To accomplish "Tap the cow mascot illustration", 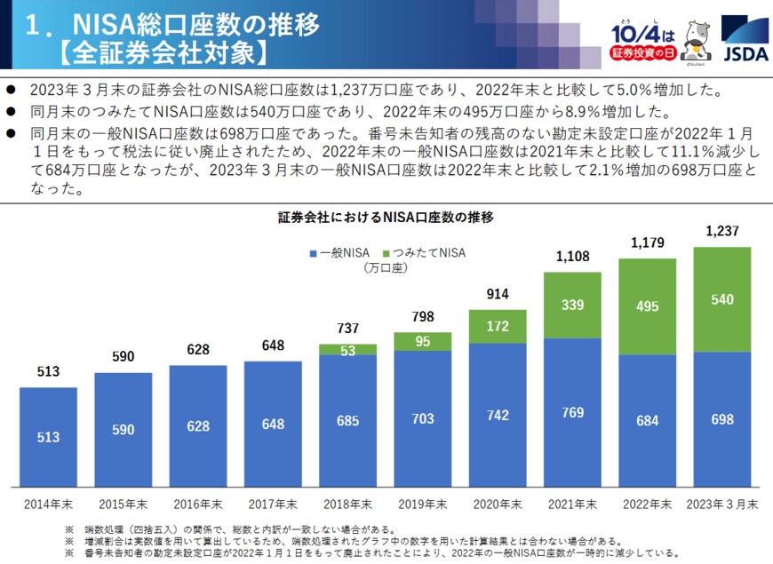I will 697,40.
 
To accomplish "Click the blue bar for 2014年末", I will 48,436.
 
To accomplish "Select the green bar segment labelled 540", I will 721,300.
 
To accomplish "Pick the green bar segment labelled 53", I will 347,350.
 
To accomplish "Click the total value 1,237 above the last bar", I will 722,232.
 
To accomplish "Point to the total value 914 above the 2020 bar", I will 498,294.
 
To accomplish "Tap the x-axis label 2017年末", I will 273,504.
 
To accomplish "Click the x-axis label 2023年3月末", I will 721,504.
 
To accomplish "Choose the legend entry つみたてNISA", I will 426,253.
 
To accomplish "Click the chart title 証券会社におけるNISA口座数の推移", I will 385,217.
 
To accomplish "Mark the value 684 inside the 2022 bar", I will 647,419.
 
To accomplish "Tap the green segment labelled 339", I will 572,305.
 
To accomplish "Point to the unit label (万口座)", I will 384,267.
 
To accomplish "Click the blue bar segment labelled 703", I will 422,417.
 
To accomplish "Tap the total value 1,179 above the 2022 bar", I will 647,242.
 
